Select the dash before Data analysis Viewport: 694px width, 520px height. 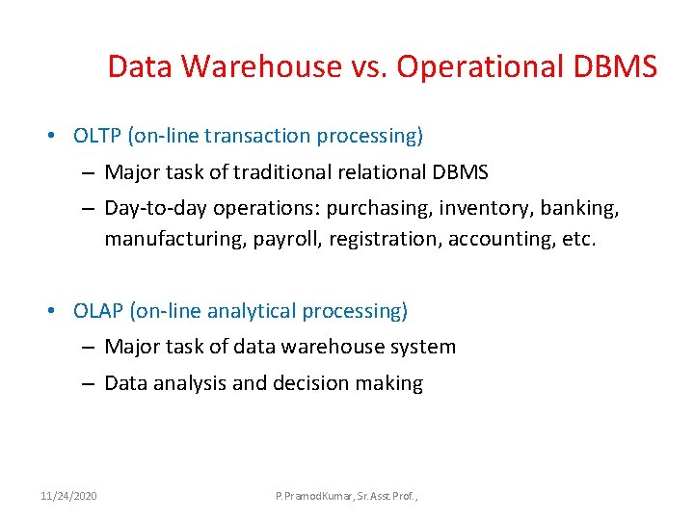(87, 383)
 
